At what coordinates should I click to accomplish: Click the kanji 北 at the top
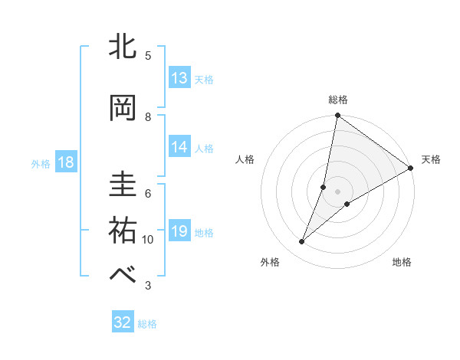[123, 47]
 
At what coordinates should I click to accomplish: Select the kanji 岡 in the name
[123, 108]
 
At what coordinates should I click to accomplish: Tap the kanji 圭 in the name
[123, 185]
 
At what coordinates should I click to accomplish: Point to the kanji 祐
[123, 231]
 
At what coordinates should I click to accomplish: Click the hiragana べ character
[123, 275]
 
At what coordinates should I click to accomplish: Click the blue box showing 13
[179, 78]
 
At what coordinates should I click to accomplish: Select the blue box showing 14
[179, 147]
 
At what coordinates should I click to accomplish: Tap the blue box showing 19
[179, 231]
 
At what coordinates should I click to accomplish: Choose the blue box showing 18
[65, 162]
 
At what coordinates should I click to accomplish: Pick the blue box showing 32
[123, 322]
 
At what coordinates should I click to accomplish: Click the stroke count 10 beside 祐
[148, 240]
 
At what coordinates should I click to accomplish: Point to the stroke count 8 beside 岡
[148, 116]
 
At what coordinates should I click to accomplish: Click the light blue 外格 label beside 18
[41, 163]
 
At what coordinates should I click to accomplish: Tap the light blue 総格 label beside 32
[147, 323]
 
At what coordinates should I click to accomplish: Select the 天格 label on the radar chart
[431, 159]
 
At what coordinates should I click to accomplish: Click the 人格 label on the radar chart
[245, 159]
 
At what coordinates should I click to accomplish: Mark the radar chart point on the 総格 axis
[337, 116]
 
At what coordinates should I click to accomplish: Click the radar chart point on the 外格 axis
[302, 242]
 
